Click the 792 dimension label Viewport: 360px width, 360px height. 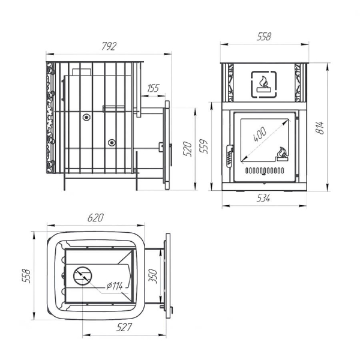(x=109, y=46)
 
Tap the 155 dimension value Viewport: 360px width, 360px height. (x=153, y=88)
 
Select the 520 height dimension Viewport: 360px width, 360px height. (x=188, y=149)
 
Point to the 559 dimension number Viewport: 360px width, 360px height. (x=203, y=146)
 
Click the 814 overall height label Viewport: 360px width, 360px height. (x=320, y=128)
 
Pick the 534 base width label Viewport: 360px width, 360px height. (x=263, y=198)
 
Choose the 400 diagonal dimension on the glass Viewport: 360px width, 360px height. (x=260, y=134)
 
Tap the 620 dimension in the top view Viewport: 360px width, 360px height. (x=95, y=218)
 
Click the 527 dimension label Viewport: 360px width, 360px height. (x=124, y=327)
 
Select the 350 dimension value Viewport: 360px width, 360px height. (x=152, y=276)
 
